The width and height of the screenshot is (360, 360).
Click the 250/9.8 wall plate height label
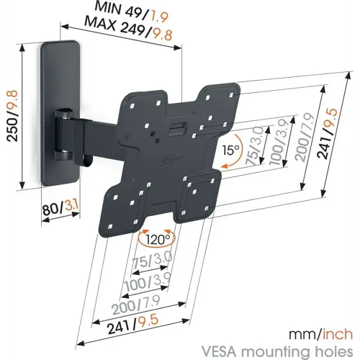click(12, 116)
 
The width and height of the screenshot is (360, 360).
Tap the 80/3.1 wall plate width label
click(61, 207)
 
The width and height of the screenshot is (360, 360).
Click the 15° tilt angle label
click(230, 150)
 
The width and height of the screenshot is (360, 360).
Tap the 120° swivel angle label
click(158, 239)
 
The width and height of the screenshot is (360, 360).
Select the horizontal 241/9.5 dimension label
click(133, 324)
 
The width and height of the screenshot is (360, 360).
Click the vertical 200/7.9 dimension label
click(305, 137)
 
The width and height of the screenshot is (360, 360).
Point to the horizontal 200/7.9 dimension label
click(136, 305)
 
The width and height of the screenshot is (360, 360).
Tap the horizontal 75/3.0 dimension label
click(152, 260)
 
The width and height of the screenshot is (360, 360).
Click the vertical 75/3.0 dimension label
click(255, 146)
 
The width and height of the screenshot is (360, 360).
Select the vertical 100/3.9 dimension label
click(278, 142)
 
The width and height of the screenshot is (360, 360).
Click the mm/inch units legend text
click(320, 335)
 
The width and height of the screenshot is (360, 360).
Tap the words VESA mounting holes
click(277, 352)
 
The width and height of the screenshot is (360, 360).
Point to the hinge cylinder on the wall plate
click(63, 134)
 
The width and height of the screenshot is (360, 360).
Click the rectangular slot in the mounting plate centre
click(178, 128)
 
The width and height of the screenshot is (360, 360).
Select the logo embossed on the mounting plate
click(171, 159)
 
